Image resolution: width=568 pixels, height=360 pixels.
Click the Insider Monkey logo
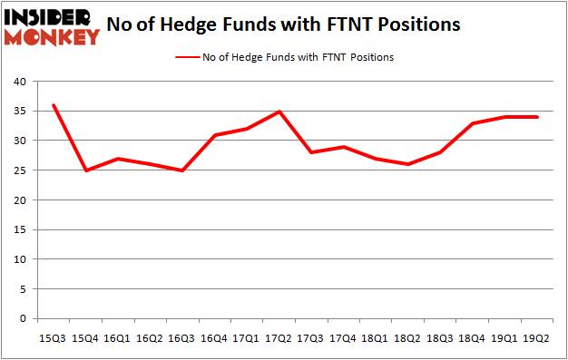point(52,26)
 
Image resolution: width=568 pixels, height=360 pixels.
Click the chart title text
point(283,25)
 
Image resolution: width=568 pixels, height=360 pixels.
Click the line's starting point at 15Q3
point(54,105)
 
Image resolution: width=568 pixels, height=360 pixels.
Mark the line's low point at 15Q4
point(86,170)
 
